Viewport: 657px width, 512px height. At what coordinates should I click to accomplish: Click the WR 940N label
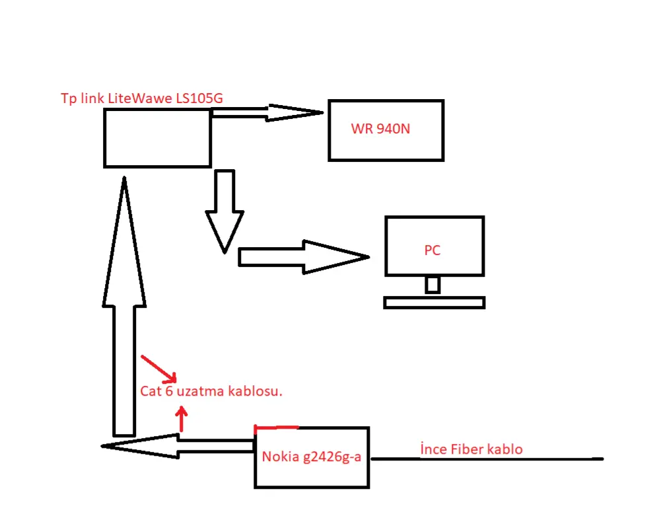pos(380,129)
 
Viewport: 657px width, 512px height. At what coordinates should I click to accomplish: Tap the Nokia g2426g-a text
pos(311,457)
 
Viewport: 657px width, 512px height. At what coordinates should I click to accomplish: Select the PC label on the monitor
pos(432,250)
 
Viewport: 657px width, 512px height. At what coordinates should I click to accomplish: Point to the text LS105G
pos(199,98)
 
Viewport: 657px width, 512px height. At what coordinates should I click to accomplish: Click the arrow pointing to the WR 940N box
pos(267,112)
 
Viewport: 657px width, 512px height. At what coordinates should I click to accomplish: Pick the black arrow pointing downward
pos(225,211)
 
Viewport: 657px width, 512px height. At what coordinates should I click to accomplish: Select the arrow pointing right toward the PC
pos(304,257)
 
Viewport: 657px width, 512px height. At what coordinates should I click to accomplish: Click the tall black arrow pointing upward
pos(124,307)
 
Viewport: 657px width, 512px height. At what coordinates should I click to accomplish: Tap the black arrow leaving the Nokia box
pos(178,446)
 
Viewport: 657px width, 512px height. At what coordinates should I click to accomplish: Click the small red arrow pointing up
pos(182,418)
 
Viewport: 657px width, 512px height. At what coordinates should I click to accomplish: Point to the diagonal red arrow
pos(159,369)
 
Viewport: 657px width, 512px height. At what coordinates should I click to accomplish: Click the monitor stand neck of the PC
pos(432,285)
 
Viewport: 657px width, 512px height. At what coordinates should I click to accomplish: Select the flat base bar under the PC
pos(434,303)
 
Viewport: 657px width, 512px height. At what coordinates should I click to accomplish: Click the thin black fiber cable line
pos(487,458)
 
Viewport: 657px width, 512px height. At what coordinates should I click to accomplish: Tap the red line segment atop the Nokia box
pos(277,427)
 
